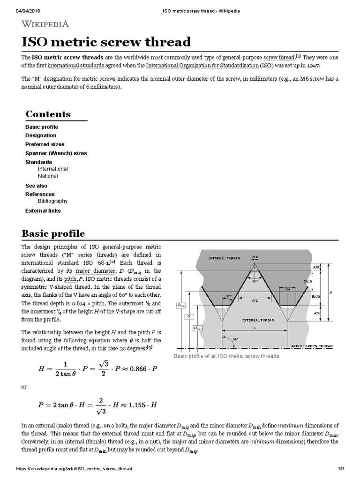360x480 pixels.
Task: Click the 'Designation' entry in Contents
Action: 41,135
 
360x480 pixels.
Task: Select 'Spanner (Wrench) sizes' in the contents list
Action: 56,153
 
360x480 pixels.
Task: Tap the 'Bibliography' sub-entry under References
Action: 52,201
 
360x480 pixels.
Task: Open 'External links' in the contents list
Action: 43,211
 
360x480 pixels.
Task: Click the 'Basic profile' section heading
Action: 53,233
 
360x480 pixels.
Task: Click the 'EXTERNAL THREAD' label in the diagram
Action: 257,320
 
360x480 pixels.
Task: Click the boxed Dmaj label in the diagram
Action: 181,305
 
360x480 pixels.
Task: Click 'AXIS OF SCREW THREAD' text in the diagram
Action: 311,345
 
